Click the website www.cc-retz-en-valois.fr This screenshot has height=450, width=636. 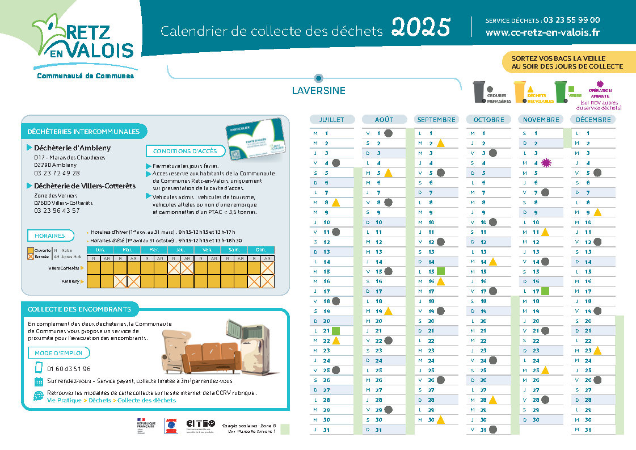[542, 32]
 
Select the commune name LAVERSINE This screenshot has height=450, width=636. [318, 91]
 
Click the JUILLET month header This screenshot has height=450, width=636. [332, 120]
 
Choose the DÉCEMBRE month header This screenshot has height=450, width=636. [593, 120]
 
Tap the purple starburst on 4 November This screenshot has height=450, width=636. [546, 163]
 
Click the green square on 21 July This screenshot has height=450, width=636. [336, 330]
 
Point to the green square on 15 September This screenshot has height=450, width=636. [440, 272]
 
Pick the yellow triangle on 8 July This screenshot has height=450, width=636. [336, 203]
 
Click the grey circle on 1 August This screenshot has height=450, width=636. [388, 133]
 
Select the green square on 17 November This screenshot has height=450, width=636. [545, 291]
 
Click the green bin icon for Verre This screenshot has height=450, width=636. [561, 91]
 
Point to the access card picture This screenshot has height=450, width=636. [254, 138]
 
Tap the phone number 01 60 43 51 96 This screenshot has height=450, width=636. [69, 369]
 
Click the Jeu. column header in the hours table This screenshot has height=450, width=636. [180, 250]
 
